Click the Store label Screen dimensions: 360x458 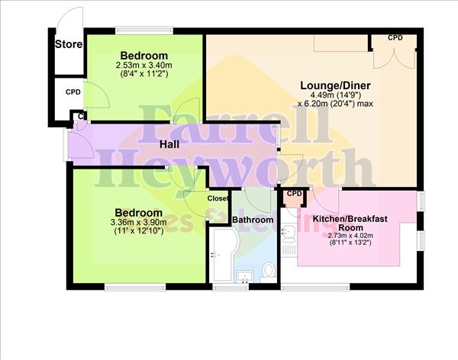69,44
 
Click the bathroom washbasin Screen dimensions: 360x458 245,276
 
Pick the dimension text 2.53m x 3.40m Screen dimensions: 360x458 144,66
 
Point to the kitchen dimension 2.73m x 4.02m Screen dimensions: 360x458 350,236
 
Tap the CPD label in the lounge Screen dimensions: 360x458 395,37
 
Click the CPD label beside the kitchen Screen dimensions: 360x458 294,194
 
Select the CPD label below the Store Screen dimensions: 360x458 73,92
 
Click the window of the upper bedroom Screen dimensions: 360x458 144,31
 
